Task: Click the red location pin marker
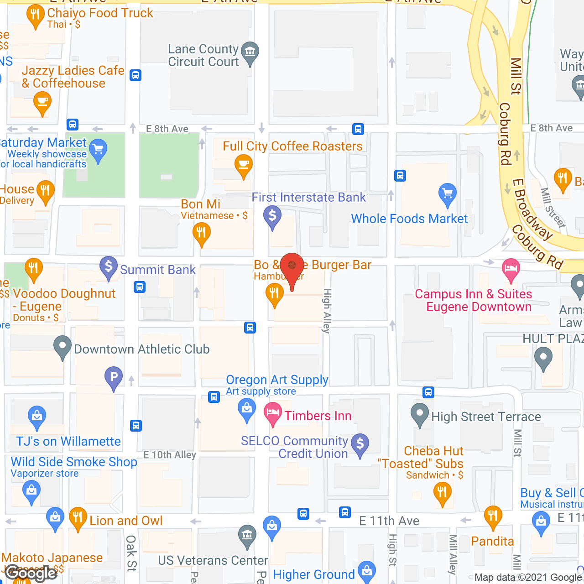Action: click(x=292, y=267)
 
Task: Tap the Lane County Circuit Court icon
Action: click(x=250, y=52)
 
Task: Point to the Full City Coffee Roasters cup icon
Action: click(x=243, y=164)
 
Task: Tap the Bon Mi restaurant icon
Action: click(x=201, y=232)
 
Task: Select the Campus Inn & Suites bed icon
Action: click(x=511, y=268)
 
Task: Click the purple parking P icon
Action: click(x=114, y=377)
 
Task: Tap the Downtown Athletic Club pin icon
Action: click(x=63, y=347)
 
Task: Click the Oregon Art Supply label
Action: click(x=277, y=380)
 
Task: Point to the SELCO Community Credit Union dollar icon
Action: click(x=360, y=443)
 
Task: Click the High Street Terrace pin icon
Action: click(x=419, y=414)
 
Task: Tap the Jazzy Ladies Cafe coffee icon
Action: click(x=42, y=101)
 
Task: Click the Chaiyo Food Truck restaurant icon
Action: click(x=36, y=15)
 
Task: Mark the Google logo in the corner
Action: click(x=31, y=573)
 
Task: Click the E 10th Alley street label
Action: click(x=170, y=455)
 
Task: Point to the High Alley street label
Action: click(x=327, y=311)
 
